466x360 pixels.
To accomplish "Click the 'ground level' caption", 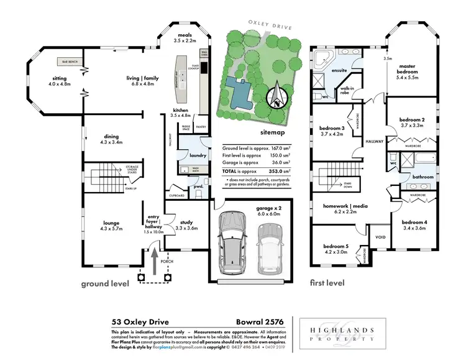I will pos(105,284).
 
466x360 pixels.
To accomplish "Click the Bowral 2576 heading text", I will pos(260,322).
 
